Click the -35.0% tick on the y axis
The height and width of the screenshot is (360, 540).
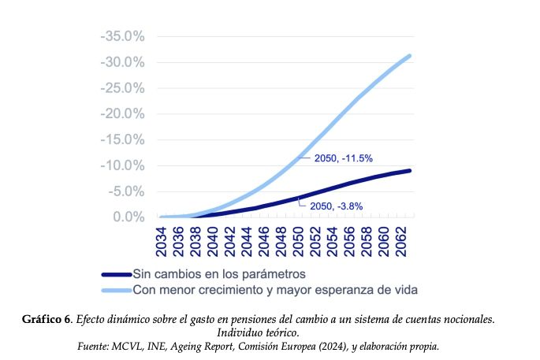tap(122, 36)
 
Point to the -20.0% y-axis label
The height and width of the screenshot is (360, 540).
tap(122, 113)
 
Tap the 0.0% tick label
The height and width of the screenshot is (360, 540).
tap(127, 217)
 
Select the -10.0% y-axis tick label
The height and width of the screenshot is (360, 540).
tap(122, 165)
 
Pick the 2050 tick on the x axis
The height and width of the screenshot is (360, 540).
tap(299, 240)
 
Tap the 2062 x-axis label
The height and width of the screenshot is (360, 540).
tap(400, 240)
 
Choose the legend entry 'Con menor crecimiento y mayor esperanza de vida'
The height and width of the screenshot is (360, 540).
tap(275, 289)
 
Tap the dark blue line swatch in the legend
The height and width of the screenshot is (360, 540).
tap(117, 274)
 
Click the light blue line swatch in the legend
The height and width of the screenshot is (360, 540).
tap(117, 290)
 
